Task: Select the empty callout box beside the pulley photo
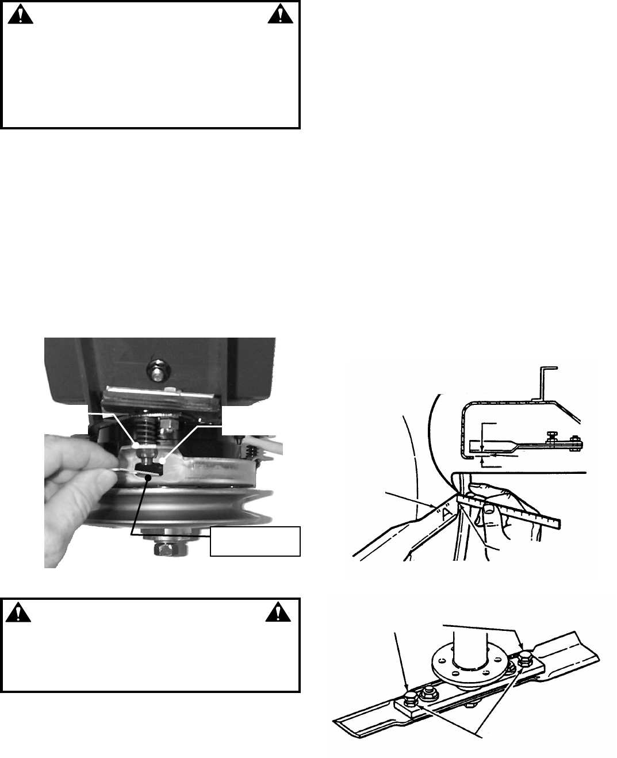click(x=255, y=541)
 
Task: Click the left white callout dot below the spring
click(x=136, y=445)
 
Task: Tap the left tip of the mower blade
click(x=335, y=720)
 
